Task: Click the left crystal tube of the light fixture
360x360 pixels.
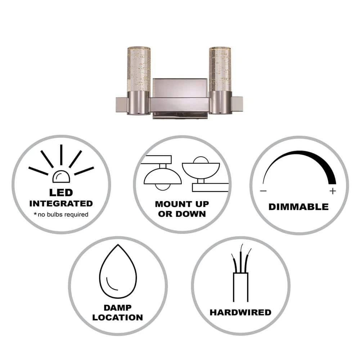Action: (139, 69)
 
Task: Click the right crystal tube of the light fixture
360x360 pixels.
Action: (220, 69)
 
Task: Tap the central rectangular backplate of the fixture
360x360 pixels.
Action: (180, 88)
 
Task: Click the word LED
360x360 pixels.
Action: (61, 193)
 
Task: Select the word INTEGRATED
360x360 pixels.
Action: (61, 203)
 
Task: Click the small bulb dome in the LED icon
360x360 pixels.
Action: (61, 176)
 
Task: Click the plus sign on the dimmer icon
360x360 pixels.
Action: (333, 191)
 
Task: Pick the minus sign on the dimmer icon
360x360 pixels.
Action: (264, 191)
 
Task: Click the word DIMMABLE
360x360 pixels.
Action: (299, 207)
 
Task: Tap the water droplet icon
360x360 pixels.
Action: (118, 271)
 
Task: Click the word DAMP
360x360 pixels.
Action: (118, 308)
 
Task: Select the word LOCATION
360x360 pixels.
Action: (118, 318)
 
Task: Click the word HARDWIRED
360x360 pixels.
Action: (240, 312)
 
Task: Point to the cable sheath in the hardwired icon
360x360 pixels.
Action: (241, 287)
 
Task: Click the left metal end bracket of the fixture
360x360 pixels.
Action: (121, 105)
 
